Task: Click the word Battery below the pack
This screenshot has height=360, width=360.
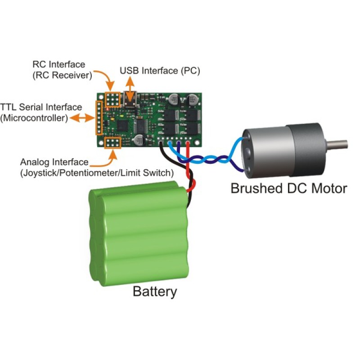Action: (x=155, y=292)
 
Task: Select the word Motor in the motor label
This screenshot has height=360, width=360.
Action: (x=329, y=188)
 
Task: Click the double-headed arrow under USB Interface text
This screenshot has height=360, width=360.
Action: (x=130, y=89)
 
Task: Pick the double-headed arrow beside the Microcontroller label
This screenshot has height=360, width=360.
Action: (x=82, y=118)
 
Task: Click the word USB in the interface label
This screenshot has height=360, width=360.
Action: (x=129, y=71)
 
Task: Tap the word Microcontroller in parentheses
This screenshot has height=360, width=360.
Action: (x=34, y=118)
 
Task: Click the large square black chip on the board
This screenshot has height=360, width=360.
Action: (x=122, y=126)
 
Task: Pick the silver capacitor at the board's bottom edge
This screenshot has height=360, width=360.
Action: (x=139, y=140)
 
